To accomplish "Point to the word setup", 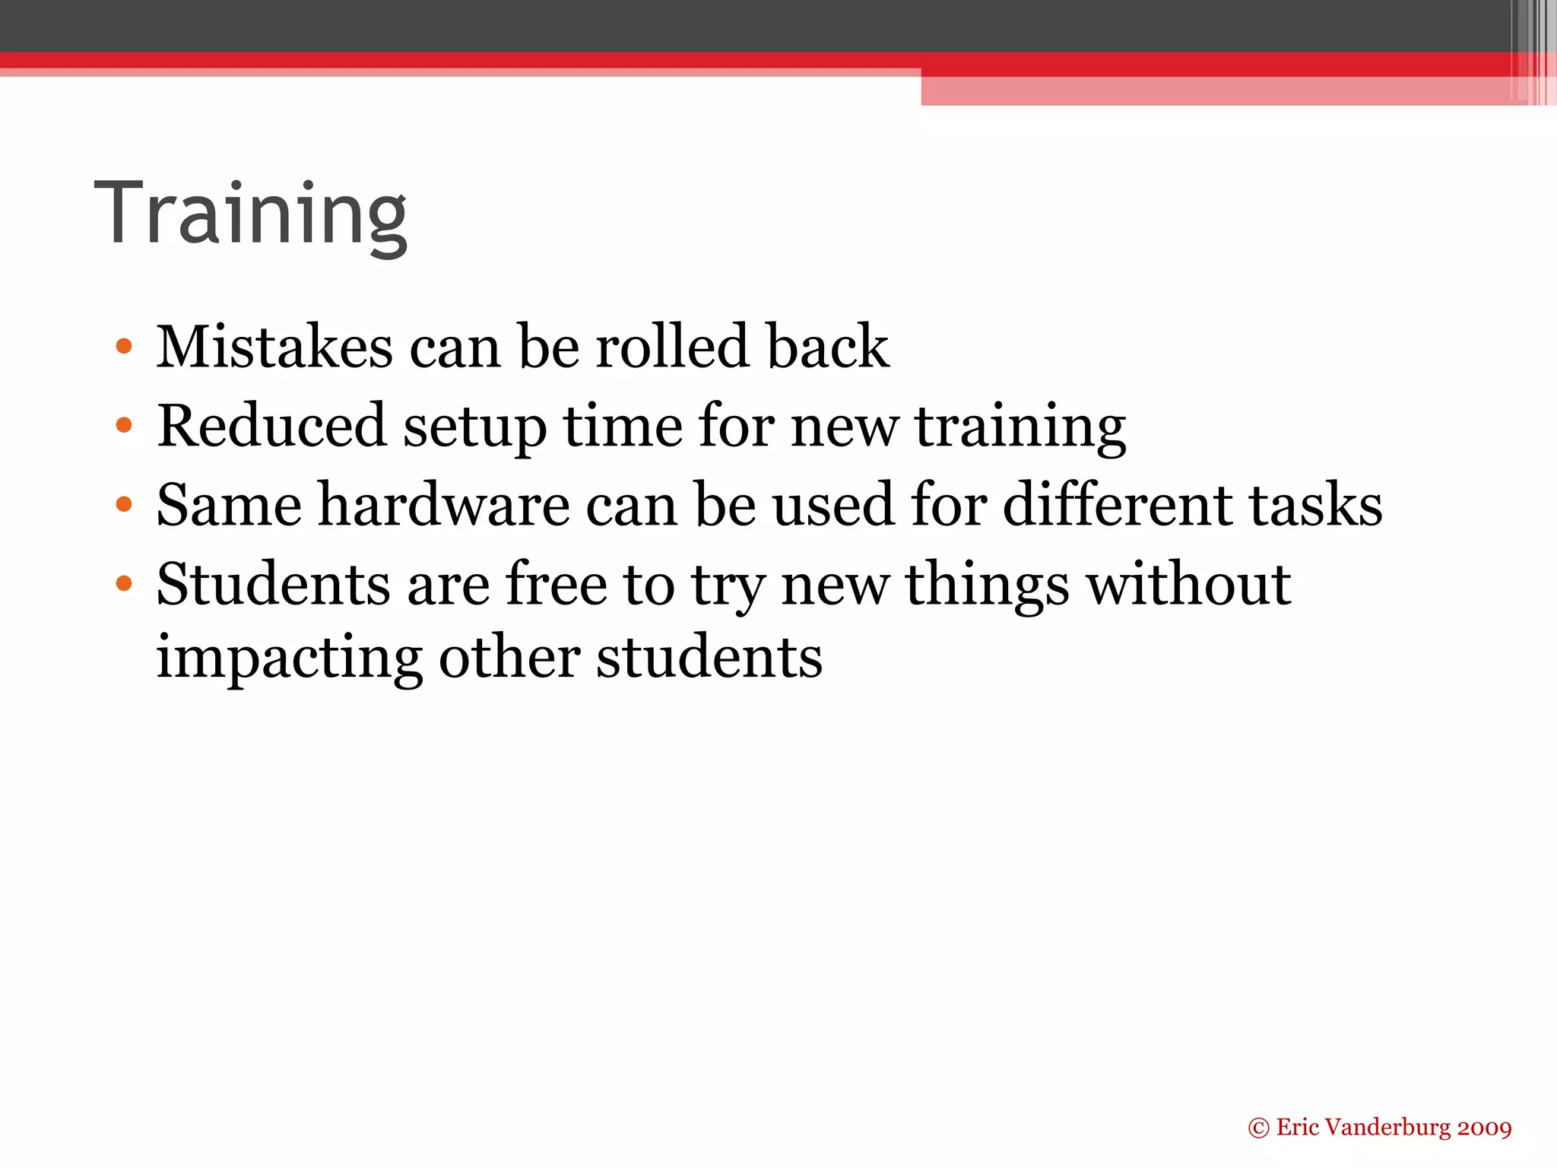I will pos(474,427).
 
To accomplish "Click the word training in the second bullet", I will pos(1020,427).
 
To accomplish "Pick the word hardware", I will pos(443,505).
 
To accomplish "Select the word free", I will pos(556,584).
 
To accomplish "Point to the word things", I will pos(987,586).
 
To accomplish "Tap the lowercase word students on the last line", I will pos(709,657).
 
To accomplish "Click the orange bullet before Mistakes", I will pos(124,348).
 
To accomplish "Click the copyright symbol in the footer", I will pos(1258,1128).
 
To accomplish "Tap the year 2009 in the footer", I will pos(1484,1128).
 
